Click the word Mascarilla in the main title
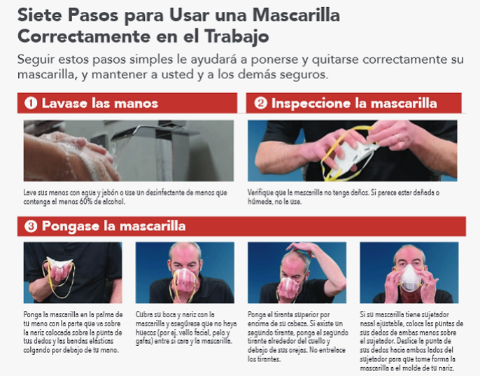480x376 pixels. point(297,15)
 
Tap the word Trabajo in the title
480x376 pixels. point(237,37)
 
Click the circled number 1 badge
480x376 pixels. point(31,103)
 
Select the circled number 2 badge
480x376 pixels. point(260,103)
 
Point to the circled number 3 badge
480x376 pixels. point(31,226)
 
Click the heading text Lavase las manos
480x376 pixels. point(100,103)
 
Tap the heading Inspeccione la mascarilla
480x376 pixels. point(354,103)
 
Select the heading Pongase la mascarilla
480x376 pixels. point(113,226)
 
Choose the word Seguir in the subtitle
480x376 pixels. point(36,60)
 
